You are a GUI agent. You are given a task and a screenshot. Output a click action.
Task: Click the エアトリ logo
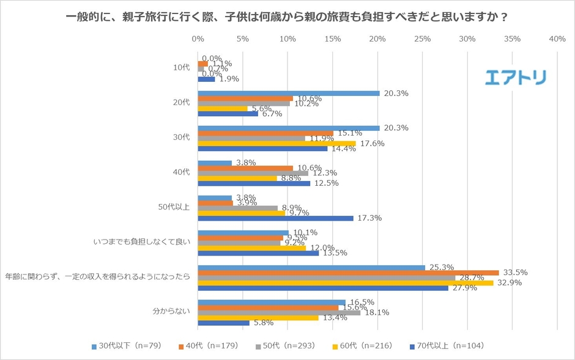click(515, 78)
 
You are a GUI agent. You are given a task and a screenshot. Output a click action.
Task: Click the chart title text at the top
click(287, 17)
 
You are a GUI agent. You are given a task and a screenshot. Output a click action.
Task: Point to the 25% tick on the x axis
click(422, 39)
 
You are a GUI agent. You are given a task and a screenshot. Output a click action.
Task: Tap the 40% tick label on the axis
click(557, 39)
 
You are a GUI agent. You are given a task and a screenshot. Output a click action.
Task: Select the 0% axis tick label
click(198, 39)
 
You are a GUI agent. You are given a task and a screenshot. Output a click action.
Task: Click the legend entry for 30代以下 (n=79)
click(126, 346)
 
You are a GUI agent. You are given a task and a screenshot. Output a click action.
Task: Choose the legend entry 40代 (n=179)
click(210, 346)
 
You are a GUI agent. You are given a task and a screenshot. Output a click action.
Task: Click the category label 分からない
click(172, 311)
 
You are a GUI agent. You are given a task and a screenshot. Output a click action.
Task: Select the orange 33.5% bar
click(348, 273)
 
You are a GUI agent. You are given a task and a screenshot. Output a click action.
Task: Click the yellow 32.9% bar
click(346, 283)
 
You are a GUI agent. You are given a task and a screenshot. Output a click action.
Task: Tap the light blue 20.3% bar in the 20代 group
click(289, 94)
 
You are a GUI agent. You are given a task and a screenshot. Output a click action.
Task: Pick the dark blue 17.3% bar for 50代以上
click(275, 218)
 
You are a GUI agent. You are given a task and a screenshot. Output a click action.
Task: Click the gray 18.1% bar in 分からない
click(279, 312)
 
